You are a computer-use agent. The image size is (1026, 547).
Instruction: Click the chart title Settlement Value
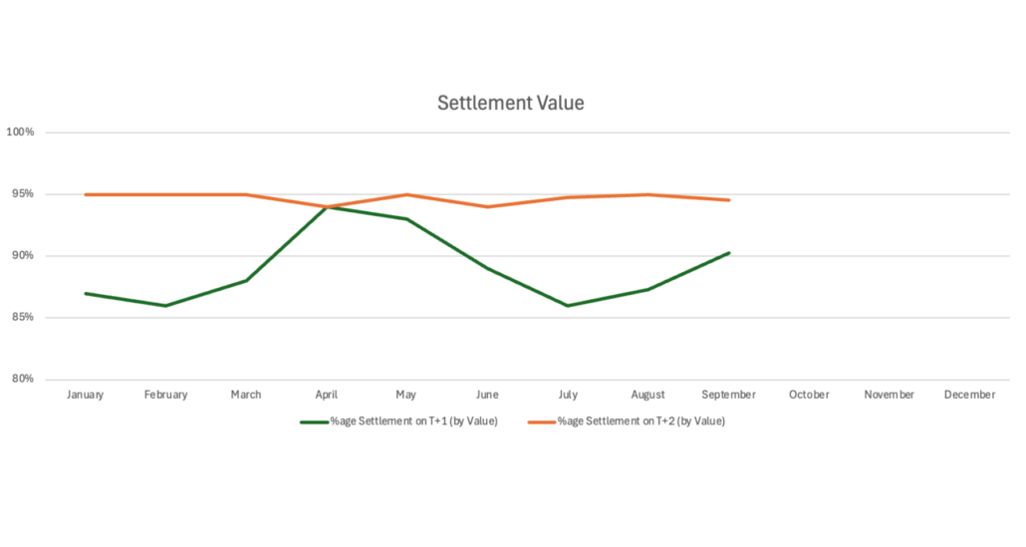511,104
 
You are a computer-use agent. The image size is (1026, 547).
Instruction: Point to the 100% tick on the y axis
20,133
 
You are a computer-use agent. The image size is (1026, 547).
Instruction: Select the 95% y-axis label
22,194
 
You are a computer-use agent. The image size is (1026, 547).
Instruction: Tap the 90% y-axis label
22,256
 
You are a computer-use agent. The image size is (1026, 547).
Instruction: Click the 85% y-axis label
22,318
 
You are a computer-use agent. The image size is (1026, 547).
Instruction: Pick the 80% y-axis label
22,380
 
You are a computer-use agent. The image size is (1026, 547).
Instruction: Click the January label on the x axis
86,396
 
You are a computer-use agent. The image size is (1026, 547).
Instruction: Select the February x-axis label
165,396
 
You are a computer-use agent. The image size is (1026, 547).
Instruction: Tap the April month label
326,396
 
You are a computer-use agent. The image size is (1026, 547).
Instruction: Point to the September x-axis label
728,396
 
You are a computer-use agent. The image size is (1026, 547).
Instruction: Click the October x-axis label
809,396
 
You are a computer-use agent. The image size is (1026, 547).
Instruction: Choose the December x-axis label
969,396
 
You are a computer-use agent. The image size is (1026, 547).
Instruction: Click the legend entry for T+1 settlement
398,421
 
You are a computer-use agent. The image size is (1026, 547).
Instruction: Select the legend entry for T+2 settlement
627,421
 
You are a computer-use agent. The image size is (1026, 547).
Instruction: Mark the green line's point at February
165,306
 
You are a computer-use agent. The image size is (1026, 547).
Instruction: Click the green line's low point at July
568,306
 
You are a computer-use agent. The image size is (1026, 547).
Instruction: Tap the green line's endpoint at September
729,253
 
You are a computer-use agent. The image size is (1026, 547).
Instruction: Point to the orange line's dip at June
487,207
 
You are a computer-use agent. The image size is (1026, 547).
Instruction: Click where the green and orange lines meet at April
327,207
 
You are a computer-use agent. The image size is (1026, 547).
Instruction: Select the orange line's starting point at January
86,194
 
